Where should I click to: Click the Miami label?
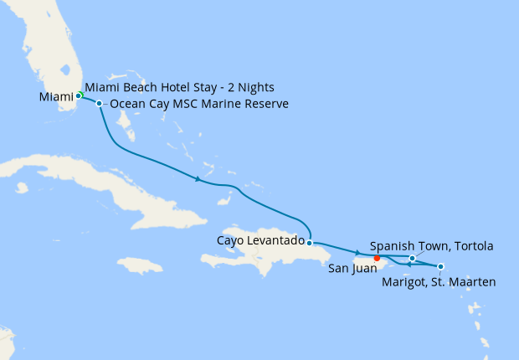tap(57, 97)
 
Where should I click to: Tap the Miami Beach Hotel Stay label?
tap(180, 87)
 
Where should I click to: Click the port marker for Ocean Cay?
tap(100, 104)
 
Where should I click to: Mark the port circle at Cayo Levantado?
tap(310, 243)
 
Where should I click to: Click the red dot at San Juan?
tap(377, 258)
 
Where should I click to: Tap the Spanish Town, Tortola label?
tap(431, 246)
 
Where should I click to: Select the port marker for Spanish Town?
tap(413, 259)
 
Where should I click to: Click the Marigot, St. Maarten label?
tap(438, 281)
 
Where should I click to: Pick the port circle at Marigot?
tap(441, 267)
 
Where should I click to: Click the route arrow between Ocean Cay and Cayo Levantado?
tap(198, 178)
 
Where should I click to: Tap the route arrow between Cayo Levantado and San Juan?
tap(358, 253)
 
